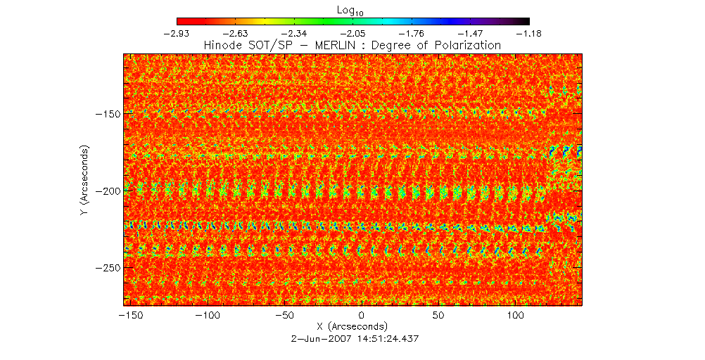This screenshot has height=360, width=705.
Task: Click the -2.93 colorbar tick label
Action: tap(177, 32)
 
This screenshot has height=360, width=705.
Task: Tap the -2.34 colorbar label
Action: tap(294, 32)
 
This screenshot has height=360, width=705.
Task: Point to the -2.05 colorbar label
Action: tap(353, 32)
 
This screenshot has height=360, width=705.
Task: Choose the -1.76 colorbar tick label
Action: tap(412, 32)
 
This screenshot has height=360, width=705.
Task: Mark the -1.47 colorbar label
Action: tap(471, 32)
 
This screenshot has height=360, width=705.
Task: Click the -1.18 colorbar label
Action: tap(529, 32)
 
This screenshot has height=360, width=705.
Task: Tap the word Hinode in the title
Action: tap(222, 45)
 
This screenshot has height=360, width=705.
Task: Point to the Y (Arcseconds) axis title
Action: tap(84, 180)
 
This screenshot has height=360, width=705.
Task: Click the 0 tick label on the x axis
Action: tap(361, 316)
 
